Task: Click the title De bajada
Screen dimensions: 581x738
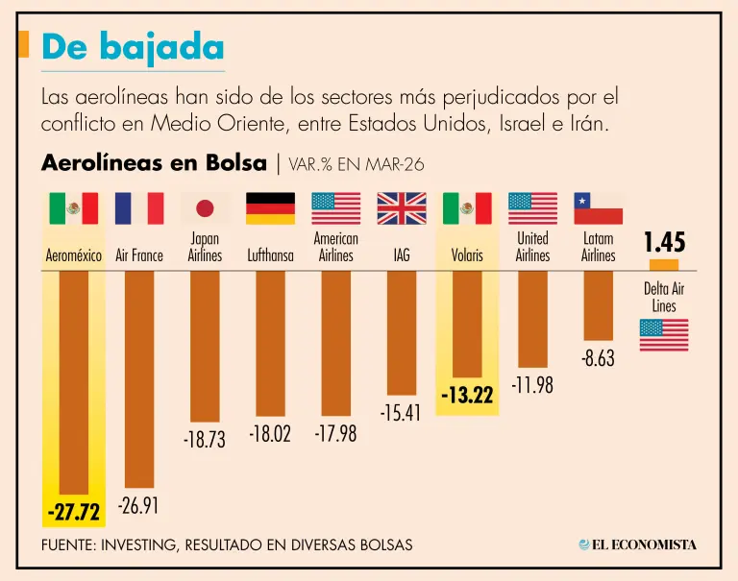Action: [x=134, y=47]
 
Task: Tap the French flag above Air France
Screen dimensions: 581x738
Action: [x=138, y=208]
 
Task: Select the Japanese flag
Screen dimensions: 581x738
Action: [x=205, y=208]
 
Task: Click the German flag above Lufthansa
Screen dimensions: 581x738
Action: [x=270, y=208]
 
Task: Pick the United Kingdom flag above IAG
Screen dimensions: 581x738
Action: [x=401, y=208]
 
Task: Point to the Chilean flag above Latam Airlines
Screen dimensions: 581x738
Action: [x=598, y=208]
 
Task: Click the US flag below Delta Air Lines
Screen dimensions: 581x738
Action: [x=664, y=334]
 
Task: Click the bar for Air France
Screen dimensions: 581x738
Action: [x=139, y=378]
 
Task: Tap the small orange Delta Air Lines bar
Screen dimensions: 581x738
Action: [x=664, y=264]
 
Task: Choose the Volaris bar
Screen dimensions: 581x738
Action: [x=467, y=324]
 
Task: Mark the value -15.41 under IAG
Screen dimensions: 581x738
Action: [x=401, y=413]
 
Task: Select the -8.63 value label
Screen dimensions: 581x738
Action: [x=598, y=359]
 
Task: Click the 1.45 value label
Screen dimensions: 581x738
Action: [x=664, y=241]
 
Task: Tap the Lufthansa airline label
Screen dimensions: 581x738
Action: [x=270, y=255]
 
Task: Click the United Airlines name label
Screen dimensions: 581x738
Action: [x=532, y=247]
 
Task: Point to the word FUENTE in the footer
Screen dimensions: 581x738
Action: [x=72, y=545]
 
